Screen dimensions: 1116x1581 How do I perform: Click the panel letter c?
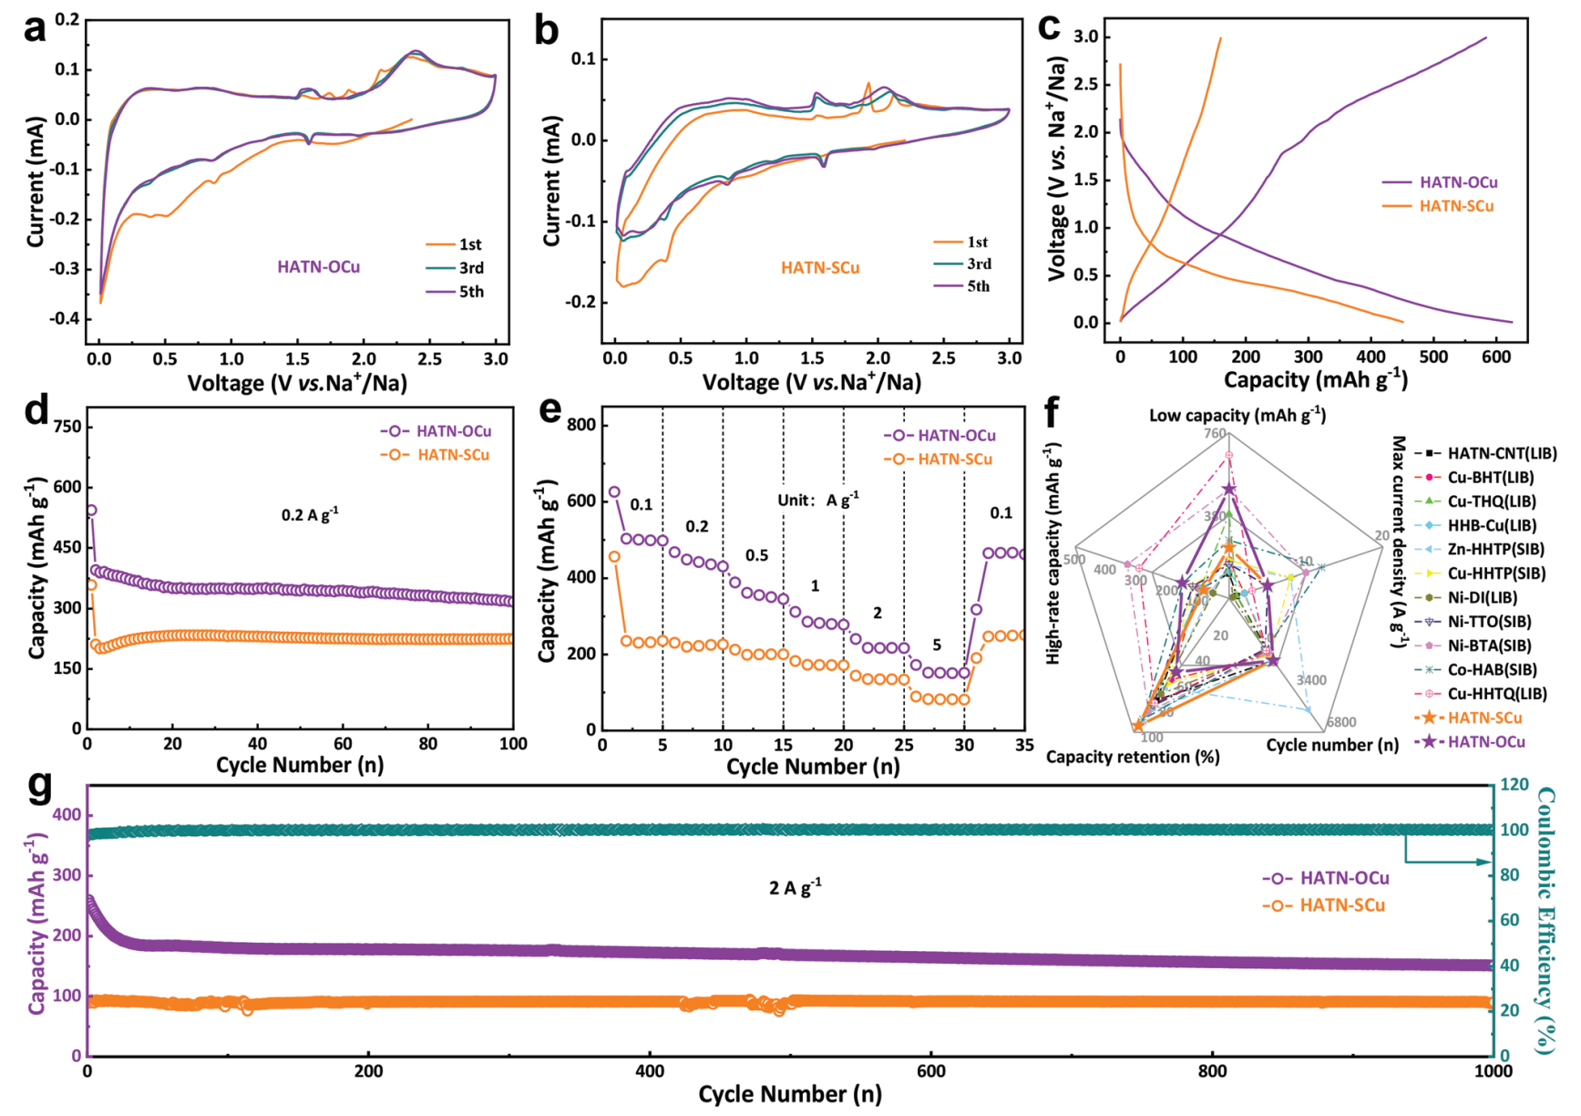point(1049,27)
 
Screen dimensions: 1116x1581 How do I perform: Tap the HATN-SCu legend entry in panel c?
point(1456,206)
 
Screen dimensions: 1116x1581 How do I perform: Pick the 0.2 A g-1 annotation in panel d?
point(310,515)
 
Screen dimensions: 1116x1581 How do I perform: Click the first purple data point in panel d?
point(91,511)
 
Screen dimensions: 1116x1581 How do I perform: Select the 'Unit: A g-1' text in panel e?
point(817,500)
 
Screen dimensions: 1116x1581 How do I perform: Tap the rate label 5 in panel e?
point(937,646)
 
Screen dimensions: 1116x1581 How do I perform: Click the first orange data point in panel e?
point(614,556)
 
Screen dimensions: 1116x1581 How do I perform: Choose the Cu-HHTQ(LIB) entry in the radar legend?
point(1497,694)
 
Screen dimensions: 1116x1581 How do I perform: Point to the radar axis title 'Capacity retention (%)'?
point(1133,757)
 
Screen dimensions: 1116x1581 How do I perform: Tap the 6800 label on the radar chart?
point(1341,722)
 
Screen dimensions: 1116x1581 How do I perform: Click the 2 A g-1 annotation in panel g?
point(795,887)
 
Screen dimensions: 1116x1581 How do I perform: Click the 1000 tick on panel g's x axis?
point(1493,1071)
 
